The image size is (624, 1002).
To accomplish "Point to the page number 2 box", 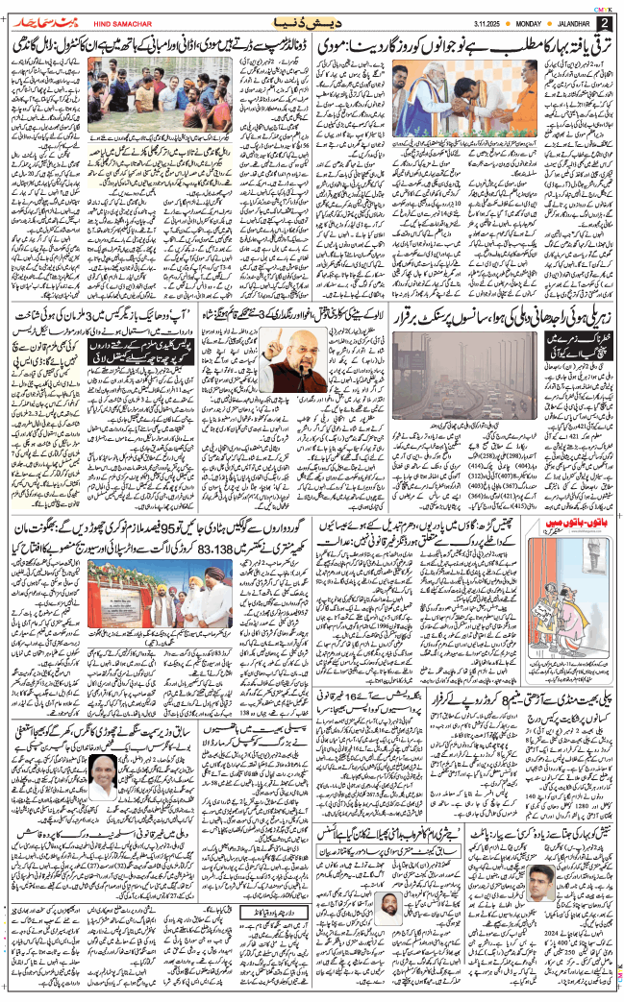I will tap(606, 22).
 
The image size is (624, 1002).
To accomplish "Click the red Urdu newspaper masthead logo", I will tap(37, 21).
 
